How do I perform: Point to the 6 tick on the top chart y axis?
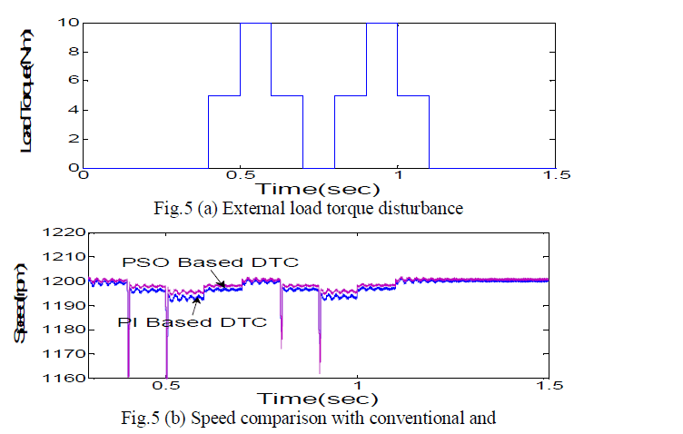[69, 80]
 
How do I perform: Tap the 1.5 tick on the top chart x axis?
[553, 177]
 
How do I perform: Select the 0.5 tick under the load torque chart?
[240, 177]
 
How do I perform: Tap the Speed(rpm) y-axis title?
[20, 307]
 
